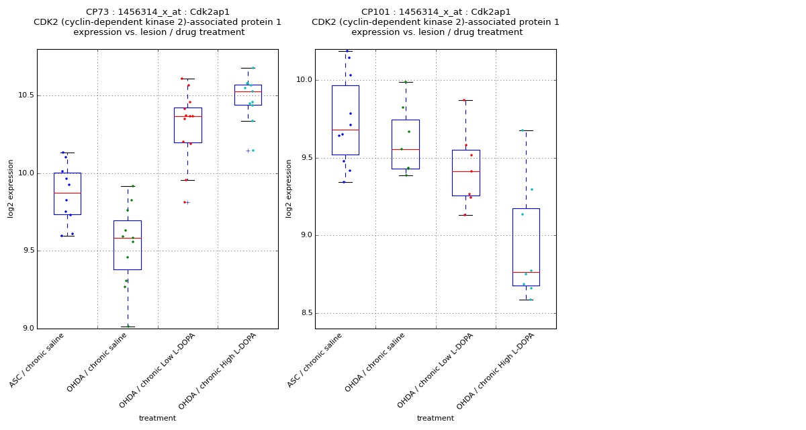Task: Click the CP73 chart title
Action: (157, 22)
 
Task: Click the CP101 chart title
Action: (435, 22)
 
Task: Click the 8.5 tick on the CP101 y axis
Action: (306, 313)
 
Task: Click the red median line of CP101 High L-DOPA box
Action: (526, 272)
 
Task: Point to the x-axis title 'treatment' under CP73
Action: (157, 419)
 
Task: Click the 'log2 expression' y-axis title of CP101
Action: (289, 188)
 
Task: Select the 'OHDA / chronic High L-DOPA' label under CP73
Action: (218, 371)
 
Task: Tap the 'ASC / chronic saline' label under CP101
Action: (316, 360)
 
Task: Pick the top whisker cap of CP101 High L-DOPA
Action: (526, 130)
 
